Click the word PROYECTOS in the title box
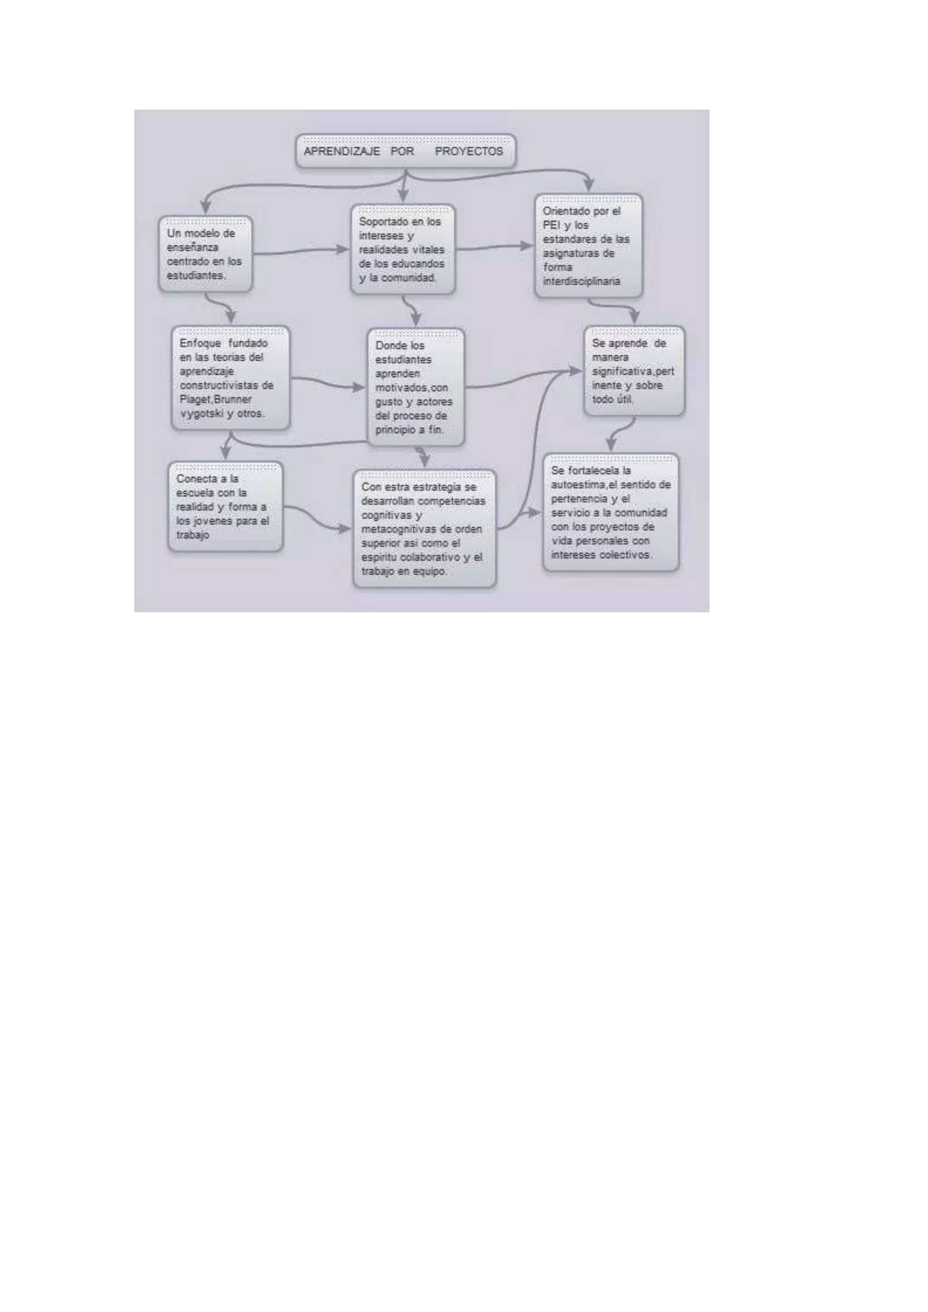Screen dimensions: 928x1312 469,151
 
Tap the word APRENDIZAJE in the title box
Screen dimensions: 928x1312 342,151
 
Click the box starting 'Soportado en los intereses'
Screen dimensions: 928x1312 402,250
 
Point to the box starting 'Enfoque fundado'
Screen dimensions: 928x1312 230,378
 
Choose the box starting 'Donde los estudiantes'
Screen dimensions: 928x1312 416,387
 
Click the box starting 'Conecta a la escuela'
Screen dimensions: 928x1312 225,507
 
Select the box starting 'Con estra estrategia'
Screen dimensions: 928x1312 424,529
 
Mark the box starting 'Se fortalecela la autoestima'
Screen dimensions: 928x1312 610,512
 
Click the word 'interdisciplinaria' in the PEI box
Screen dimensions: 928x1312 581,281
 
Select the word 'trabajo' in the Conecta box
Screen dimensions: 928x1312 193,535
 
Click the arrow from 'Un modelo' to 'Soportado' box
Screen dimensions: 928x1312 300,251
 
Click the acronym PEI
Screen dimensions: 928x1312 552,225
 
